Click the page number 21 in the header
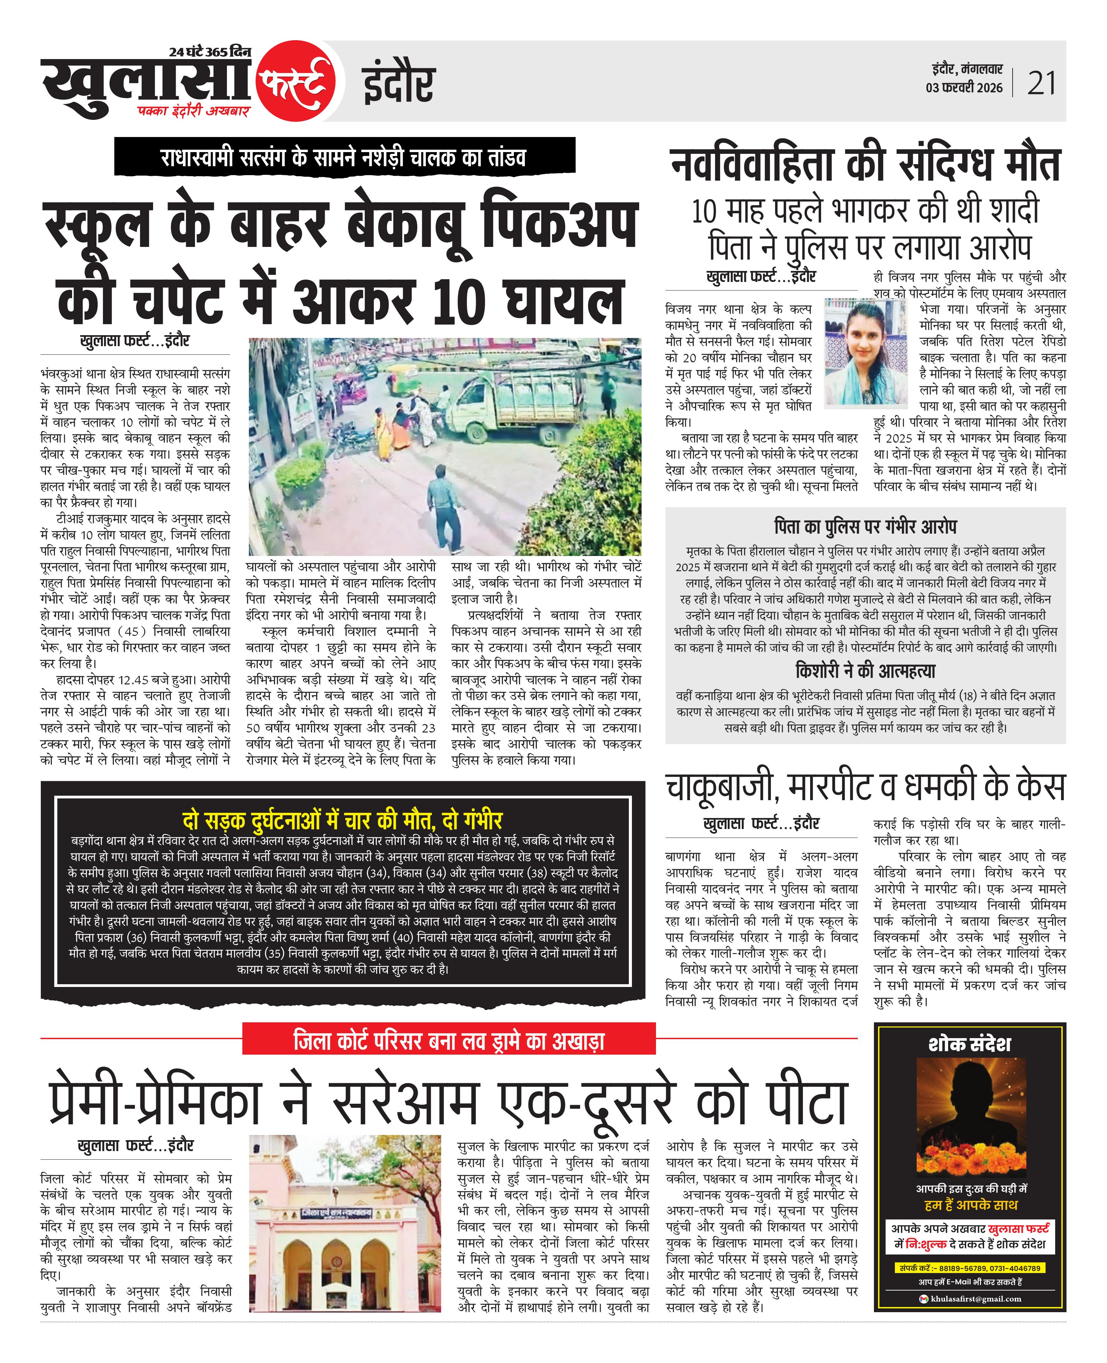(1041, 83)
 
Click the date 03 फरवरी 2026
(964, 88)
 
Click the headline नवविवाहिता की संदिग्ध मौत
(865, 164)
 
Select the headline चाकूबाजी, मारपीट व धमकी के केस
(865, 786)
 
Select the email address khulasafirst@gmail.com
(975, 1298)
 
